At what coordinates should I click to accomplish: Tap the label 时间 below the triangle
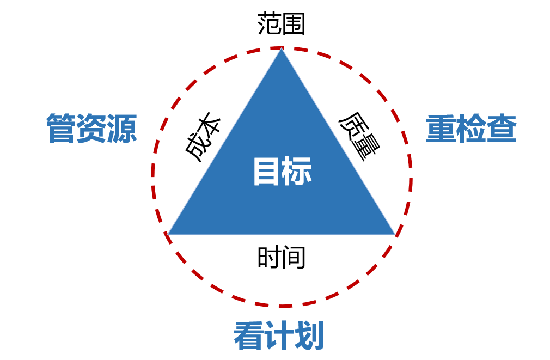pos(281,257)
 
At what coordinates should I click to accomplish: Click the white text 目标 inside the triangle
pos(282,172)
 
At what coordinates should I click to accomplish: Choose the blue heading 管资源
pos(91,129)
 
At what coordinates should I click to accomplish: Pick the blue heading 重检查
pos(471,129)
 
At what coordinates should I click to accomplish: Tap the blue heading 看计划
pos(279,335)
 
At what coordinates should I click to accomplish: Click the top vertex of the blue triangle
pos(282,50)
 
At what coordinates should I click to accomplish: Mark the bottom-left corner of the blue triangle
pos(169,234)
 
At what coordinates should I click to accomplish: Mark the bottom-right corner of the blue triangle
pos(394,234)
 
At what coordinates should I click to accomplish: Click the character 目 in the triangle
pos(267,172)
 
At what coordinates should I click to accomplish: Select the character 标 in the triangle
pos(297,172)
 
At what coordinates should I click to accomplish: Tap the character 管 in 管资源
pos(61,129)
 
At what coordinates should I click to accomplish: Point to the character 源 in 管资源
pos(122,129)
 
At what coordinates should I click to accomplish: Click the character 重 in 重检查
pos(441,129)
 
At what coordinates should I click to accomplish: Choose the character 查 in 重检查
pos(502,129)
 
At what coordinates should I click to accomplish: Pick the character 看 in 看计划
pos(249,335)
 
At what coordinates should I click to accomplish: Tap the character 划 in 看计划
pos(309,335)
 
